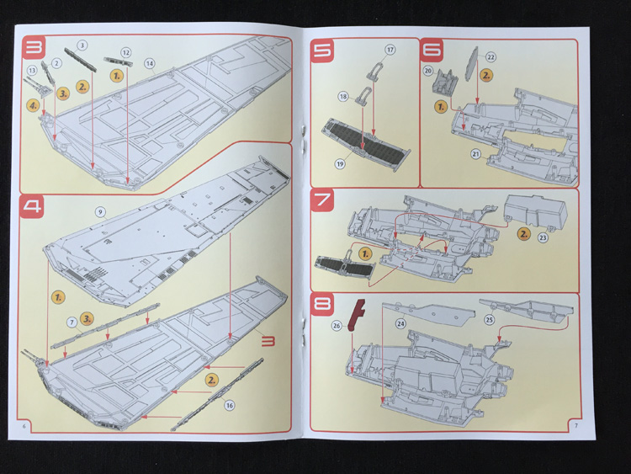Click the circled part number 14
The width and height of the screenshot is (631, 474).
click(149, 63)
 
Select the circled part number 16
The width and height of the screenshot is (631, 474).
click(229, 406)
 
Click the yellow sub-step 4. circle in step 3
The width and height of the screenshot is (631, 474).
click(33, 106)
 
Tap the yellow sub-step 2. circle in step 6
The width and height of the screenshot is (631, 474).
click(486, 75)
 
